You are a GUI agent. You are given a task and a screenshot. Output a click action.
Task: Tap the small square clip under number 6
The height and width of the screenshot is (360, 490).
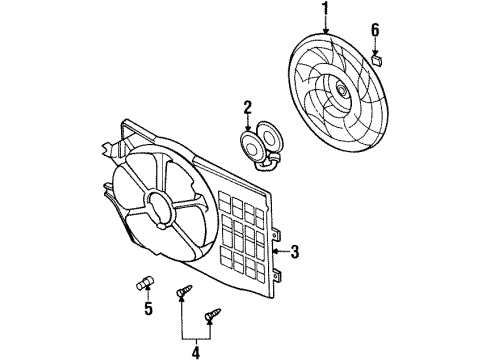coord(377,58)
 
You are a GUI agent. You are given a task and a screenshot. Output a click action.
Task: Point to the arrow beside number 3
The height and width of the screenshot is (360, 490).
coord(281,251)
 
